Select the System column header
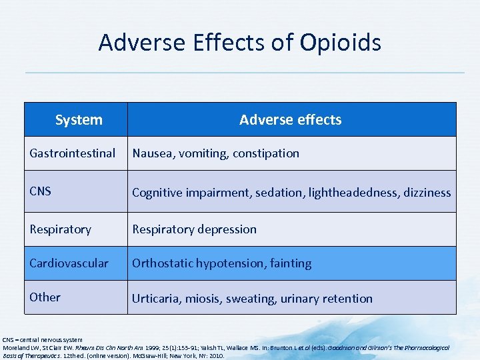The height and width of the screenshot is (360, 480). pos(79,120)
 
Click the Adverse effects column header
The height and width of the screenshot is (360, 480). pos(290,120)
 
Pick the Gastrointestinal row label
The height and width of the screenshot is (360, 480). pos(72,153)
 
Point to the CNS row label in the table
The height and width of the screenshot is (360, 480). pos(41,192)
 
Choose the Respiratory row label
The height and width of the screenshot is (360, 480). pos(60,229)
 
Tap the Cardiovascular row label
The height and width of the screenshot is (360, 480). pos(69,263)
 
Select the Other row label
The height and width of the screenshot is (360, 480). pos(45,297)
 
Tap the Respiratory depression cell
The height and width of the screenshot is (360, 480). pos(194,229)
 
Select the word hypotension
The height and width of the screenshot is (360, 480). pos(230,263)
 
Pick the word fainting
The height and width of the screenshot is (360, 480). pos(290,263)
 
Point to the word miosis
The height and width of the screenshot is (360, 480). pos(205,299)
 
